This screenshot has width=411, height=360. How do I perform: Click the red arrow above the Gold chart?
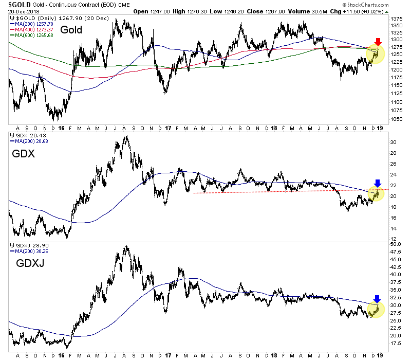(378, 41)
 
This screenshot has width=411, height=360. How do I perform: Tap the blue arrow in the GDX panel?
(378, 183)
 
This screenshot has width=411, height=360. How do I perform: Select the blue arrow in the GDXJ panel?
(378, 299)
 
